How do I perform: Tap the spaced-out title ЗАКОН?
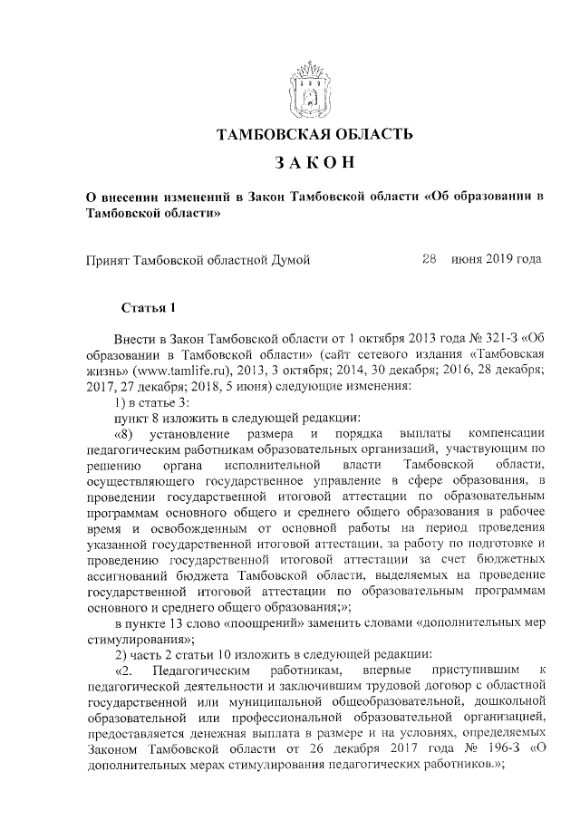tap(314, 165)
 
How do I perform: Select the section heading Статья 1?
tap(148, 309)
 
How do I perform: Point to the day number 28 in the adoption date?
tap(430, 258)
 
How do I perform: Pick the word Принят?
tap(108, 259)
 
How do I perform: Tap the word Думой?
tap(286, 259)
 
